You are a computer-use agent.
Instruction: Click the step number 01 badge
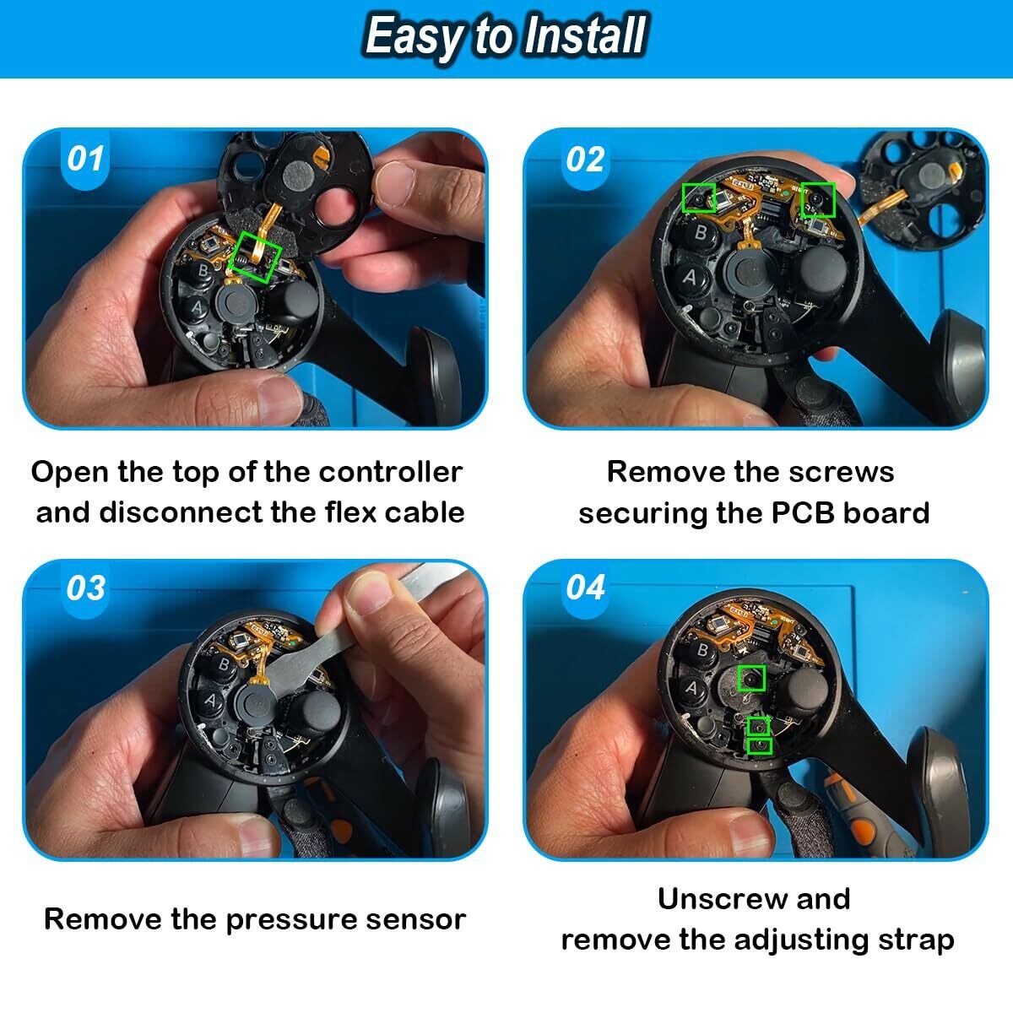pos(85,160)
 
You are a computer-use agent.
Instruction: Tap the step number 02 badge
pos(585,160)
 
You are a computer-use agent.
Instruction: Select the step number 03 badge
pos(85,588)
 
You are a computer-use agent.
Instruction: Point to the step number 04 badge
pos(585,588)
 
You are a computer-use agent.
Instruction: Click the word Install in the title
pos(585,35)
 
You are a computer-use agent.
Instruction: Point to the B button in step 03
pos(224,664)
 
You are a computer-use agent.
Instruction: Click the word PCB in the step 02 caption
pos(803,513)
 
